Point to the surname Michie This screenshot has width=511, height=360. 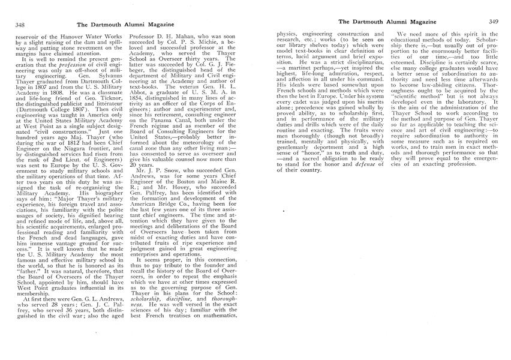[215, 43]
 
